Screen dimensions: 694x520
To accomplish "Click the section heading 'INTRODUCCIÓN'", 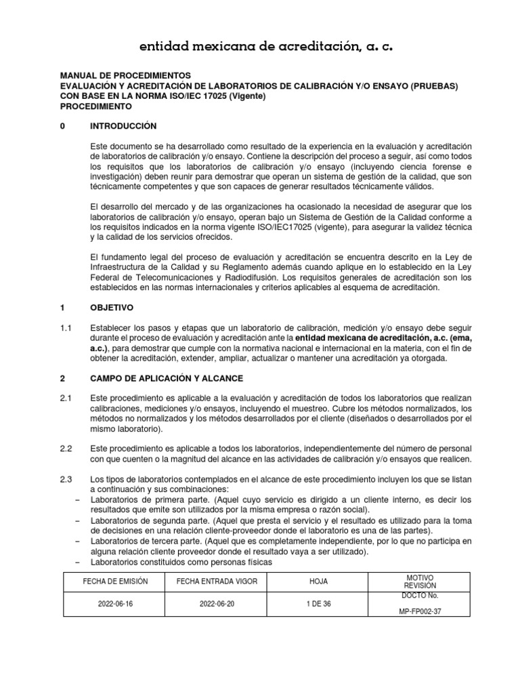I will (x=123, y=126).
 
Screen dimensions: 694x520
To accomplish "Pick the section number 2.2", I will (x=66, y=449).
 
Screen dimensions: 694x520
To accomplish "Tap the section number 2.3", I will (x=66, y=480).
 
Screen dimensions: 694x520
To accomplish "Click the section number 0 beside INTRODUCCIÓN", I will (x=63, y=126).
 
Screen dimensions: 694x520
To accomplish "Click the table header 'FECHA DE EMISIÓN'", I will (x=114, y=581).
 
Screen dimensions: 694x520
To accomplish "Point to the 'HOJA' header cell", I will (x=318, y=581).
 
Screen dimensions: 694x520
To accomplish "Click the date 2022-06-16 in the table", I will (x=114, y=604).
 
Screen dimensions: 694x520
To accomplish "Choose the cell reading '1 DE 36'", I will (x=318, y=604).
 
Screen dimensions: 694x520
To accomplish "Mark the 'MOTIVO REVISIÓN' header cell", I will (x=420, y=581).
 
